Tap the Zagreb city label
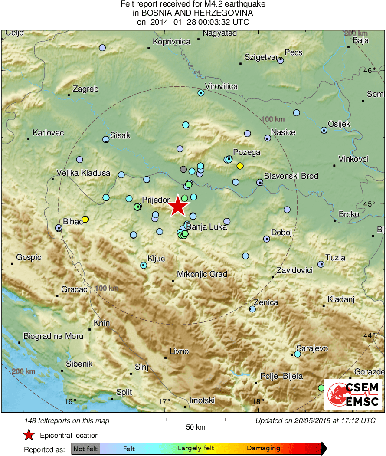pyautogui.click(x=85, y=89)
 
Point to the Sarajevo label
pyautogui.click(x=312, y=348)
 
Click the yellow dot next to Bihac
pyautogui.click(x=85, y=219)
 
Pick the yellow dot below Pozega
pyautogui.click(x=240, y=165)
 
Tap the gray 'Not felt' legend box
pyautogui.click(x=85, y=449)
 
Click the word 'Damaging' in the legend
pyautogui.click(x=263, y=449)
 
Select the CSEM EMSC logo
pyautogui.click(x=353, y=394)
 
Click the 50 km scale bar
pyautogui.click(x=196, y=419)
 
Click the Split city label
pyautogui.click(x=124, y=392)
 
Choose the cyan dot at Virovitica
pyautogui.click(x=201, y=93)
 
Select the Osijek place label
pyautogui.click(x=339, y=124)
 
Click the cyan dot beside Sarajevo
pyautogui.click(x=297, y=354)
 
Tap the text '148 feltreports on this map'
pyautogui.click(x=67, y=420)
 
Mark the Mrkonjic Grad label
pyautogui.click(x=202, y=274)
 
